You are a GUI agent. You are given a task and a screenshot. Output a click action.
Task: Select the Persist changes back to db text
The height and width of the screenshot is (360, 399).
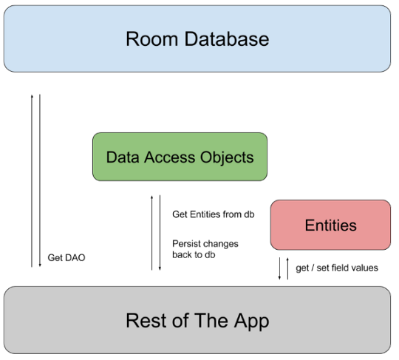click(x=205, y=248)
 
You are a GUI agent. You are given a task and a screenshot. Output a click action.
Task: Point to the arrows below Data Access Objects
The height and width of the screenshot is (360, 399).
click(x=154, y=232)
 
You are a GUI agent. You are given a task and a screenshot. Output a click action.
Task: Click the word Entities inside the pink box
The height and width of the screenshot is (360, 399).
click(x=330, y=225)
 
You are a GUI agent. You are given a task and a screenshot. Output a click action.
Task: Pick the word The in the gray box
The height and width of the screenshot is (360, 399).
click(x=210, y=322)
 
